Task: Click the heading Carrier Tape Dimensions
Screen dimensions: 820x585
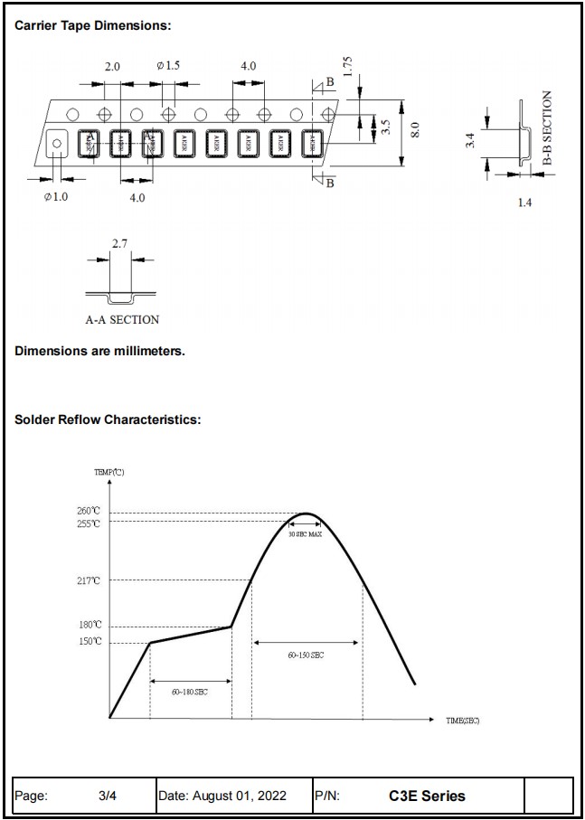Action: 93,25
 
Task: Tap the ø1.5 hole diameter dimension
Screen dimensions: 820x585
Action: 168,66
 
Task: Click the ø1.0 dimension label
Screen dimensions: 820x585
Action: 56,197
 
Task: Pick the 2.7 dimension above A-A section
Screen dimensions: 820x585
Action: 119,244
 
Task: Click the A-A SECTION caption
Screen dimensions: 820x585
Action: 122,319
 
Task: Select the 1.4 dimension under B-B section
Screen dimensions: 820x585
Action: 524,203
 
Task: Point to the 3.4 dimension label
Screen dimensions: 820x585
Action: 470,141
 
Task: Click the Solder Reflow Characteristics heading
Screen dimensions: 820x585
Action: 108,419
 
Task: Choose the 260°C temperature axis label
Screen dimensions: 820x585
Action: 89,512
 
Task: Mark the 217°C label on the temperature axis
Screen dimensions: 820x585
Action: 89,580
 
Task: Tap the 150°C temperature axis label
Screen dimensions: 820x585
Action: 89,641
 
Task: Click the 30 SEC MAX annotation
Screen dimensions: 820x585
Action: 305,534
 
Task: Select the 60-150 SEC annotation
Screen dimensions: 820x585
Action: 306,655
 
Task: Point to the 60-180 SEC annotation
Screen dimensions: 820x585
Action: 190,692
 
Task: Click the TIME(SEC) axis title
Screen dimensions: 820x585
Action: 462,721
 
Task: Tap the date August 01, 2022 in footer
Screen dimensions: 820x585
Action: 222,796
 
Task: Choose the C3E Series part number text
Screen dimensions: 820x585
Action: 427,796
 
